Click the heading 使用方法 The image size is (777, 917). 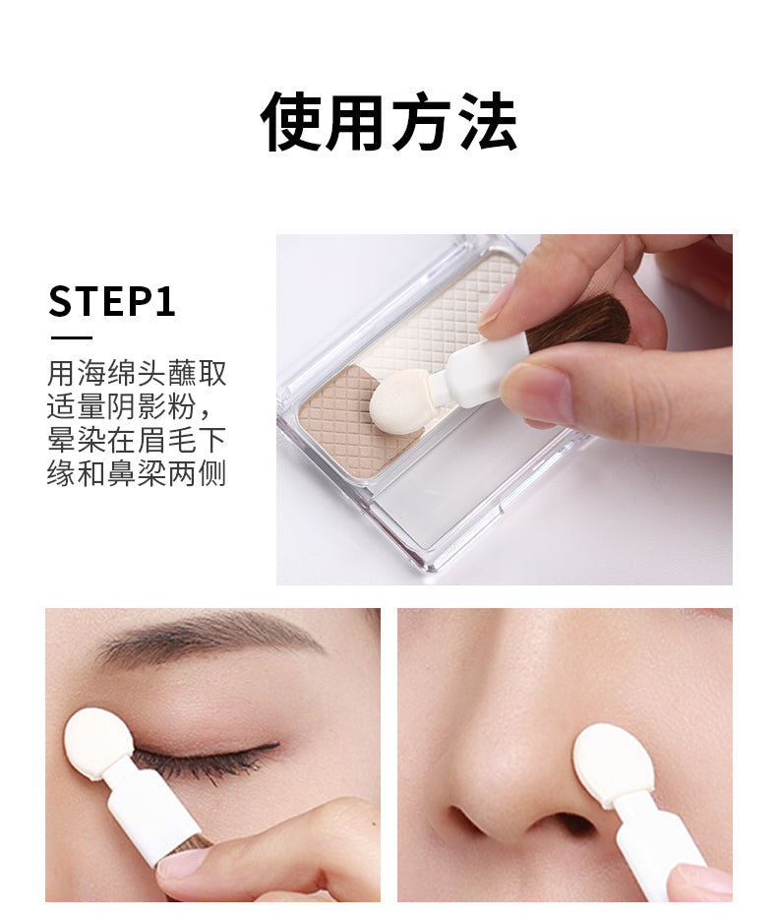pyautogui.click(x=388, y=122)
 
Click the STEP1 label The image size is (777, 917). pyautogui.click(x=112, y=302)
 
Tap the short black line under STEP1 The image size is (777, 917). pyautogui.click(x=72, y=337)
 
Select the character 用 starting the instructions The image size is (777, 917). pyautogui.click(x=61, y=374)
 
